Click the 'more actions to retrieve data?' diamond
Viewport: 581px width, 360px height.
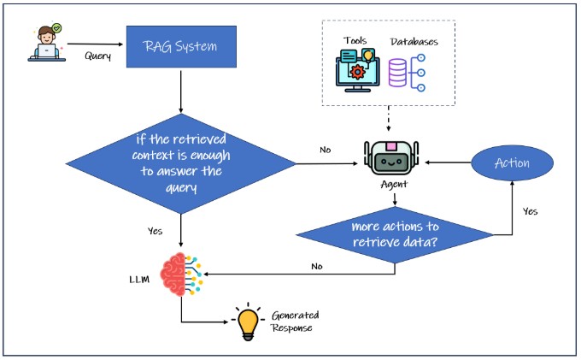pos(395,233)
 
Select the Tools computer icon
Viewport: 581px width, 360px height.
pos(357,71)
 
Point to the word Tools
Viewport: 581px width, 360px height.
pos(356,41)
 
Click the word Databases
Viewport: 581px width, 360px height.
pos(414,41)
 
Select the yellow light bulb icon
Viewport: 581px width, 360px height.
pos(249,322)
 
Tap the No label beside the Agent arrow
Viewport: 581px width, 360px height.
pos(325,150)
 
